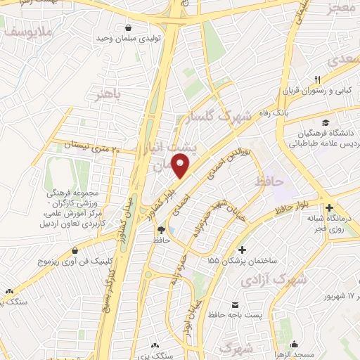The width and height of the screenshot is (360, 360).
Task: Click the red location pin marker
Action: [181, 167]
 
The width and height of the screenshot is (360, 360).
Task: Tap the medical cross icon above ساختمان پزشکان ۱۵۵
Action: [243, 250]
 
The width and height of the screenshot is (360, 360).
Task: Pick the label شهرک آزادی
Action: [284, 280]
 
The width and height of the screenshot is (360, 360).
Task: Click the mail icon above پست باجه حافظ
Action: [236, 304]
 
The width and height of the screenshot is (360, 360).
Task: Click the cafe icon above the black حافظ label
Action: [162, 229]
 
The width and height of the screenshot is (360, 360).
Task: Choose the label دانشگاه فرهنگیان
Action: [319, 134]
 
